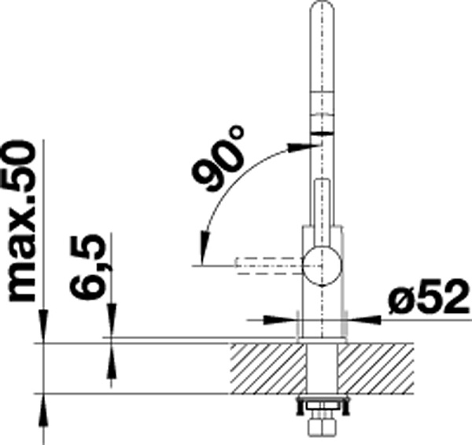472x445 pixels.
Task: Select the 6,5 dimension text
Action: [88, 267]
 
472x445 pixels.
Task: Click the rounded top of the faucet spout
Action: [322, 9]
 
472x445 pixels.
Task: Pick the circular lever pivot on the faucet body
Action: [323, 266]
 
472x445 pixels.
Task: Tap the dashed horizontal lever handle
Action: [269, 266]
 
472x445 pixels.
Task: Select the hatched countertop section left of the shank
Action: [268, 368]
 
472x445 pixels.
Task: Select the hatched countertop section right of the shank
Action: [376, 368]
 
